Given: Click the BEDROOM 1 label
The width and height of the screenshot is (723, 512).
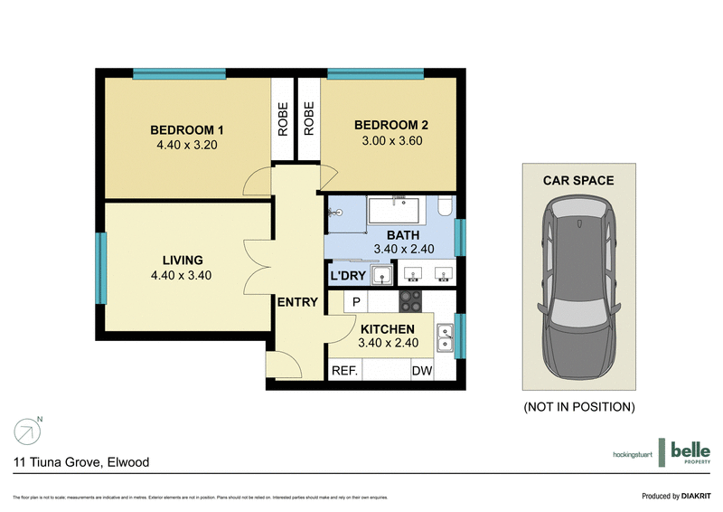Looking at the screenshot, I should pyautogui.click(x=187, y=128).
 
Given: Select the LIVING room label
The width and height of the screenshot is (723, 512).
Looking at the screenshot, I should pyautogui.click(x=183, y=261).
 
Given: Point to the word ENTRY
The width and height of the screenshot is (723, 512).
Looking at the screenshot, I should pyautogui.click(x=297, y=302).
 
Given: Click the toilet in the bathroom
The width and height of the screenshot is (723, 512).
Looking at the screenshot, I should pyautogui.click(x=444, y=207).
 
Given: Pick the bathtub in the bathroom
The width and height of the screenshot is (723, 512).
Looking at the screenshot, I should pyautogui.click(x=397, y=211).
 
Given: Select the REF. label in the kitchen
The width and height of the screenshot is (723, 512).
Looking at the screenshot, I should pyautogui.click(x=344, y=371).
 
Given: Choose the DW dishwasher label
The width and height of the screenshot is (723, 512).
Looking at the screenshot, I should pyautogui.click(x=422, y=371).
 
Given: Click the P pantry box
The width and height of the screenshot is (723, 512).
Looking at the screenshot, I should pyautogui.click(x=356, y=301).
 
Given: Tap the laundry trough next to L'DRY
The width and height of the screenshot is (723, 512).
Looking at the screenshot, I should pyautogui.click(x=383, y=274).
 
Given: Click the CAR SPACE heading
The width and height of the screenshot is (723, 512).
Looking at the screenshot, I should pyautogui.click(x=578, y=180).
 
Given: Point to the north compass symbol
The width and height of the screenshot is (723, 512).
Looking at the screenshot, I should pyautogui.click(x=26, y=431).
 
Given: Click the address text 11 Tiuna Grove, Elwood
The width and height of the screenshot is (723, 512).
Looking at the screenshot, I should pyautogui.click(x=81, y=462).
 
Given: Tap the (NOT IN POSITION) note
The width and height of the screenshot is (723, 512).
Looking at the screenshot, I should pyautogui.click(x=579, y=407).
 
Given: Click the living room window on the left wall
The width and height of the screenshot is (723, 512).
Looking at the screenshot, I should pyautogui.click(x=101, y=268).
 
